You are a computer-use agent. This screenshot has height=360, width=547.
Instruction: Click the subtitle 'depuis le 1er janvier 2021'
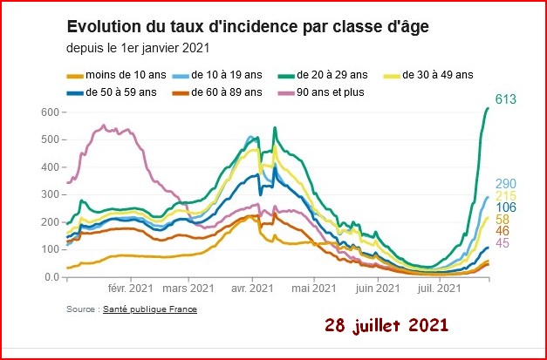138,48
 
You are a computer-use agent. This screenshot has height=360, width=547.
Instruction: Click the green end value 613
505,99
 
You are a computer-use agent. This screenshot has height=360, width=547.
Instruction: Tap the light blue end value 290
505,184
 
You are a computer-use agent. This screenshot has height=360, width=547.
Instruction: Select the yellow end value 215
505,196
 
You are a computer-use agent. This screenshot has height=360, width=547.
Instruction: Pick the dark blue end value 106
505,207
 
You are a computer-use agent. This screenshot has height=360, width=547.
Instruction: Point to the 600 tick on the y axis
50,112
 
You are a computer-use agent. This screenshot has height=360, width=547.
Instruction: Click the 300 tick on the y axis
50,194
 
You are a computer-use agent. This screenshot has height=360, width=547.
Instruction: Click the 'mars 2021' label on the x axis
188,289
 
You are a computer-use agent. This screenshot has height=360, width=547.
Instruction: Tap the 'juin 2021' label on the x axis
378,289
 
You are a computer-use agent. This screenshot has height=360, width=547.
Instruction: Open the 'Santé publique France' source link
150,309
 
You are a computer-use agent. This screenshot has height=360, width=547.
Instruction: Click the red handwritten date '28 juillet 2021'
386,326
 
